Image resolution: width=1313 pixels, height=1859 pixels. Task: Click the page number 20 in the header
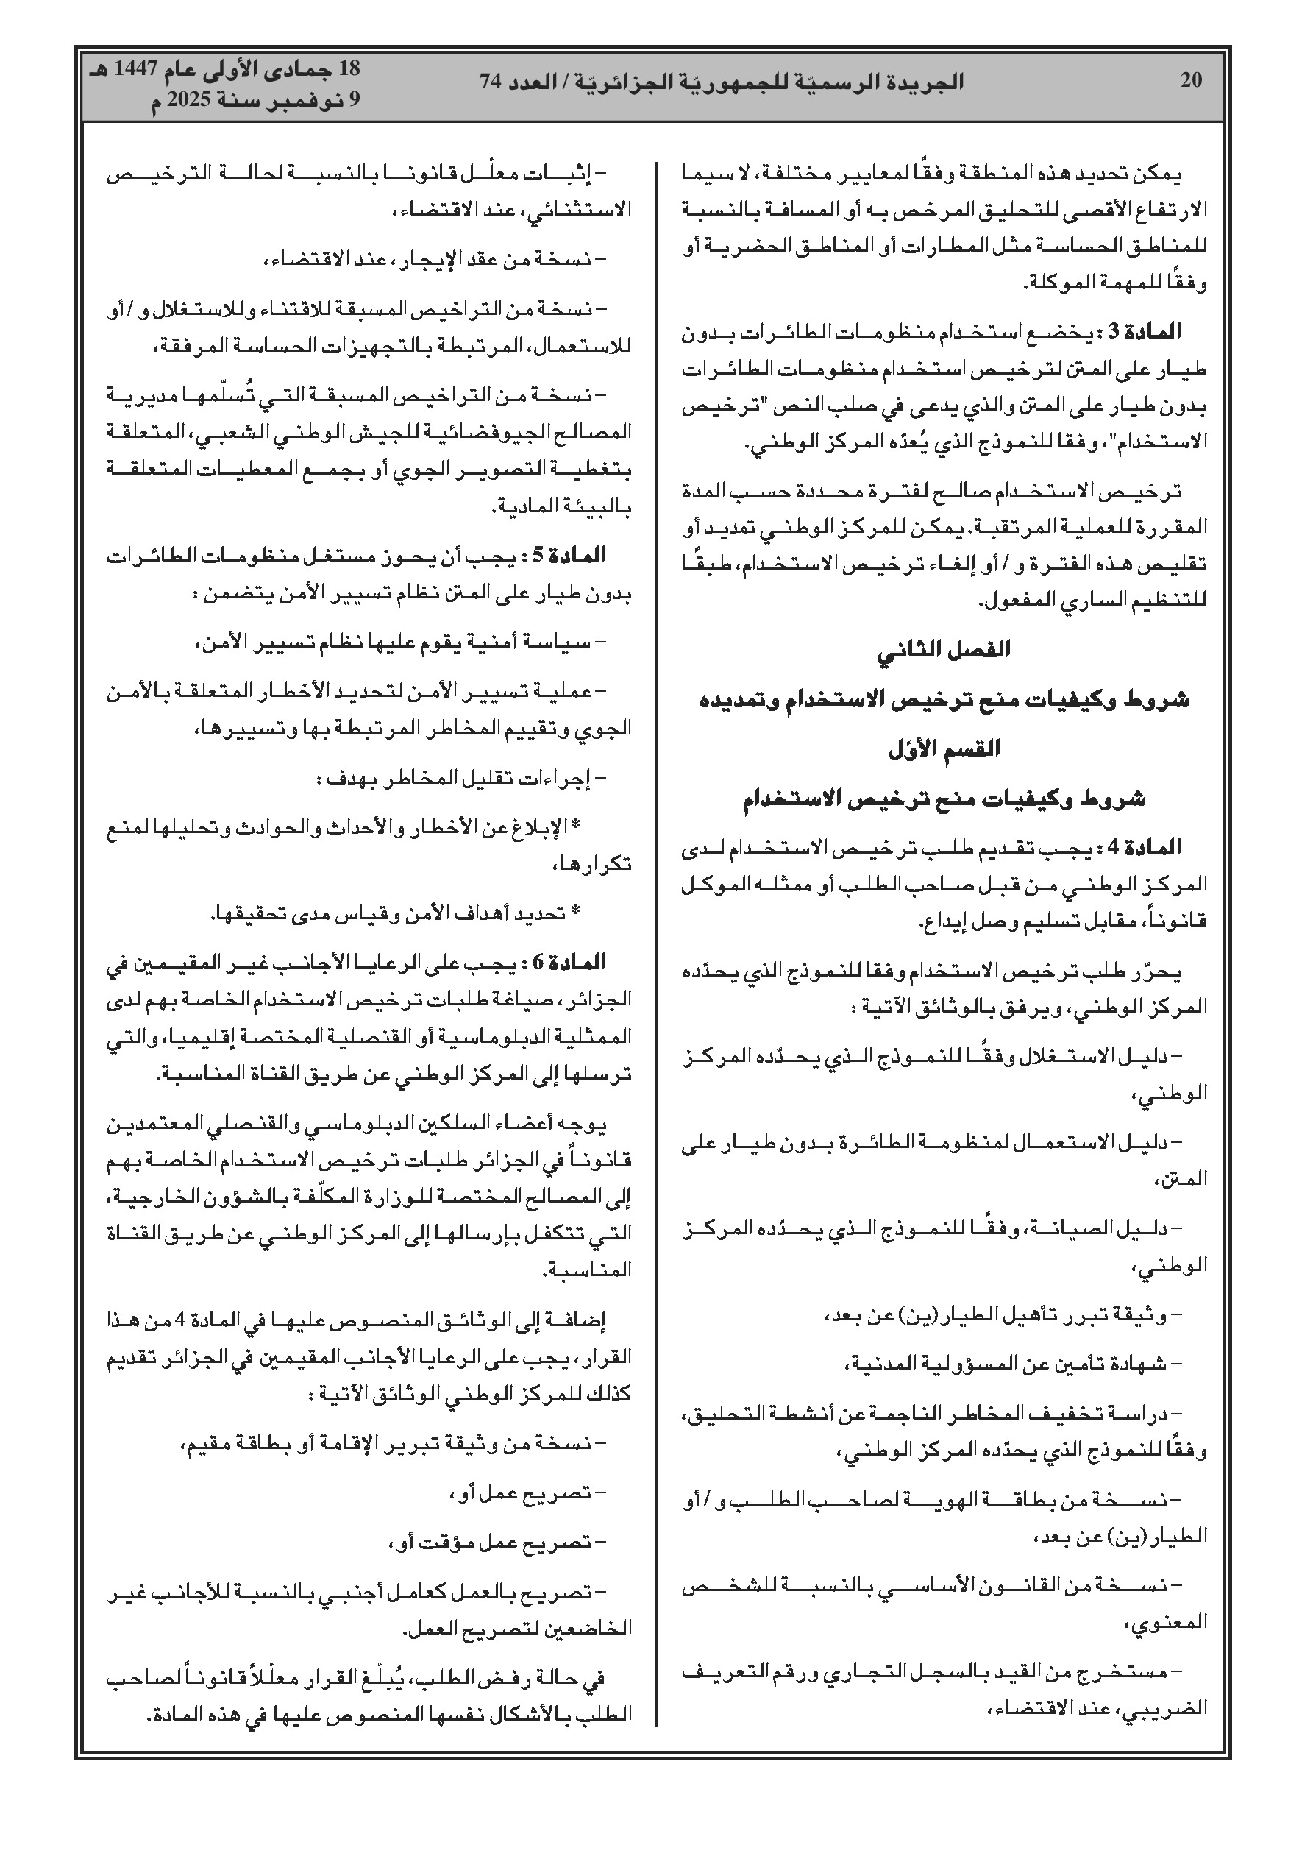[1192, 79]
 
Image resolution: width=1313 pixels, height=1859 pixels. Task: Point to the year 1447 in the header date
[124, 70]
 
